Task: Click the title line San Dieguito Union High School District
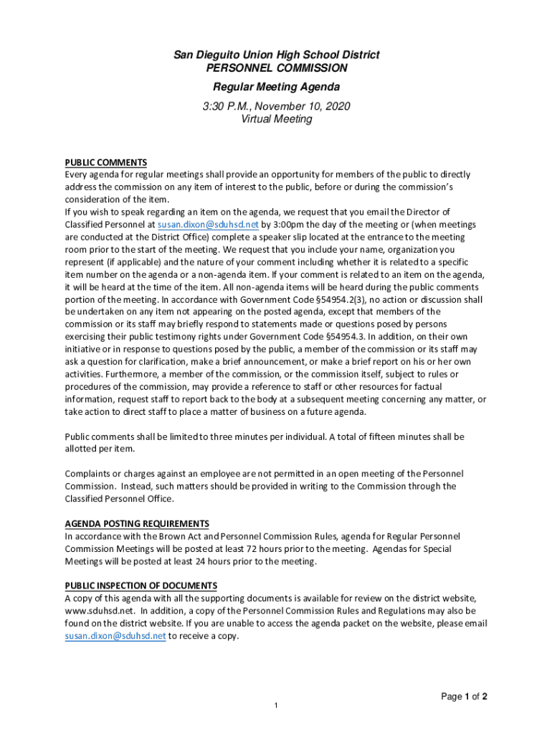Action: point(276,55)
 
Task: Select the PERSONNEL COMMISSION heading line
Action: point(276,68)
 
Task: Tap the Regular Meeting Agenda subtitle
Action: point(276,88)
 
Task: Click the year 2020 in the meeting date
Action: point(338,106)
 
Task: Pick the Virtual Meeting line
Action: point(276,119)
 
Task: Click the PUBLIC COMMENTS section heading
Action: point(105,162)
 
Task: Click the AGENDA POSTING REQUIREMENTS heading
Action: point(137,523)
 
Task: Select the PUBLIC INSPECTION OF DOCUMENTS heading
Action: point(141,586)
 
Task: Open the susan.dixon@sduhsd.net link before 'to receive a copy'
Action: point(115,636)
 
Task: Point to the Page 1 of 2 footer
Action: point(465,696)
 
